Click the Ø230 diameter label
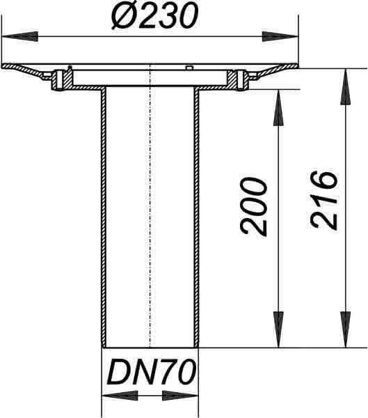pyautogui.click(x=155, y=15)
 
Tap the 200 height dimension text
pyautogui.click(x=253, y=206)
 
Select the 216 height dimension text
pyautogui.click(x=324, y=200)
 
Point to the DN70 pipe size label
pyautogui.click(x=152, y=371)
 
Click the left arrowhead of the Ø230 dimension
pyautogui.click(x=20, y=36)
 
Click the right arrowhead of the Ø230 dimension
pyautogui.click(x=280, y=36)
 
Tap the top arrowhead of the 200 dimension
pyautogui.click(x=278, y=107)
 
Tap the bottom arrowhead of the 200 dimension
pyautogui.click(x=278, y=330)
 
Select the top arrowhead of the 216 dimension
pyautogui.click(x=346, y=87)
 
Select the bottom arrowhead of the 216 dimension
pyautogui.click(x=346, y=330)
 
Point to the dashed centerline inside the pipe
pyautogui.click(x=150, y=206)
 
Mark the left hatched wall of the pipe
pyautogui.click(x=104, y=217)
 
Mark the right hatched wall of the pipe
pyautogui.click(x=196, y=217)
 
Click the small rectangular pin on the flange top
pyautogui.click(x=189, y=68)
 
